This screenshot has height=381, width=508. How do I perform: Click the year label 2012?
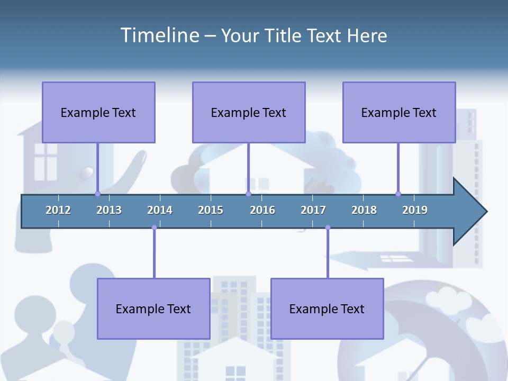[x=58, y=210]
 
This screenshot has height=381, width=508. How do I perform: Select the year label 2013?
[x=109, y=210]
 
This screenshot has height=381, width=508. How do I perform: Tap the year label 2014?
[x=160, y=210]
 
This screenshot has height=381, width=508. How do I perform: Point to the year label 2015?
[x=211, y=210]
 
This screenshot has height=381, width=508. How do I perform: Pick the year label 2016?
[x=262, y=210]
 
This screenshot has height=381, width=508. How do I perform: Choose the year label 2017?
[x=313, y=210]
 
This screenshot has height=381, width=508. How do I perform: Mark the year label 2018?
[x=364, y=210]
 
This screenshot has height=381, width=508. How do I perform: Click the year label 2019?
[x=415, y=210]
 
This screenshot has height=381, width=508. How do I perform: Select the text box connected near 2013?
[x=98, y=112]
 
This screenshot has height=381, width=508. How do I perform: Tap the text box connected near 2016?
[x=249, y=112]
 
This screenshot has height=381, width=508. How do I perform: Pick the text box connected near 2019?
[x=399, y=112]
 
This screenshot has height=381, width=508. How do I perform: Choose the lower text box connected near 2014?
[x=153, y=309]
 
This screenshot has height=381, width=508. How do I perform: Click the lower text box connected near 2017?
[x=327, y=309]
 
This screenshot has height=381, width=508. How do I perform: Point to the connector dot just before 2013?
[x=97, y=194]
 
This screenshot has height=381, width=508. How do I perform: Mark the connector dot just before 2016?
[x=248, y=194]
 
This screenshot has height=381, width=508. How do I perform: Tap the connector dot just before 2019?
[x=398, y=194]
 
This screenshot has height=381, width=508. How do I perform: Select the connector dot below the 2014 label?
[x=154, y=228]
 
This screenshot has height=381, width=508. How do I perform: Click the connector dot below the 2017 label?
[x=328, y=228]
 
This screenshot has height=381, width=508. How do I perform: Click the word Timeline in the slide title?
[x=159, y=35]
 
